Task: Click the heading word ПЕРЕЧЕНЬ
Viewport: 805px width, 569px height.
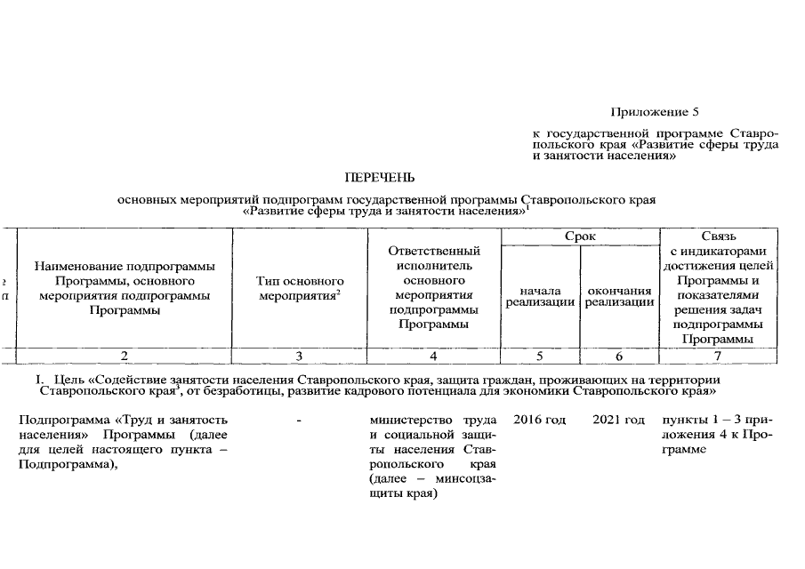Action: tap(380, 178)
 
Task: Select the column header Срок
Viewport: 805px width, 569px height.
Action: tap(580, 236)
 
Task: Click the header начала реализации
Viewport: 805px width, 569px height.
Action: tap(540, 296)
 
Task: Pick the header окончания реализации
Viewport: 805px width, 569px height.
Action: tap(619, 296)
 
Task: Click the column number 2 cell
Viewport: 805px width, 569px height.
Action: tap(125, 356)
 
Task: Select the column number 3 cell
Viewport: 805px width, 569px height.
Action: tap(300, 356)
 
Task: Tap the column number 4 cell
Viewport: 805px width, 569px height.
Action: tap(433, 356)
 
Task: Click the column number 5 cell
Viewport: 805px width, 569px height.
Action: tap(540, 356)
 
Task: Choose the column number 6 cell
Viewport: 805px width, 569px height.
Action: tap(619, 356)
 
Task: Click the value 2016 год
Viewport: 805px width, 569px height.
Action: tap(540, 419)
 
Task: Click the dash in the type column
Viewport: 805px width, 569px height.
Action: tap(300, 419)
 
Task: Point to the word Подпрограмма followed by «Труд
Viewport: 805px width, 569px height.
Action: tap(57, 419)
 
